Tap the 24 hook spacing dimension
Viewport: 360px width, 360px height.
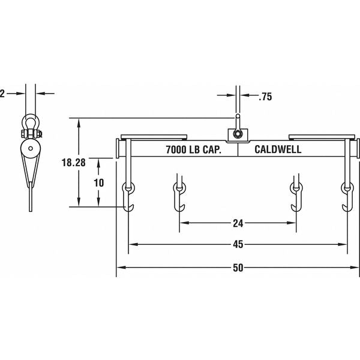click(x=238, y=224)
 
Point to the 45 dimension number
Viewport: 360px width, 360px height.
click(x=238, y=245)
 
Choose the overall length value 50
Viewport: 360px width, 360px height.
click(x=238, y=268)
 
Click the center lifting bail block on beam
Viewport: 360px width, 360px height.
click(x=237, y=134)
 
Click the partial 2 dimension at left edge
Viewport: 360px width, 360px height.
click(x=2, y=93)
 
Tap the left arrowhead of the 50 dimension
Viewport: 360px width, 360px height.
click(x=120, y=268)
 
